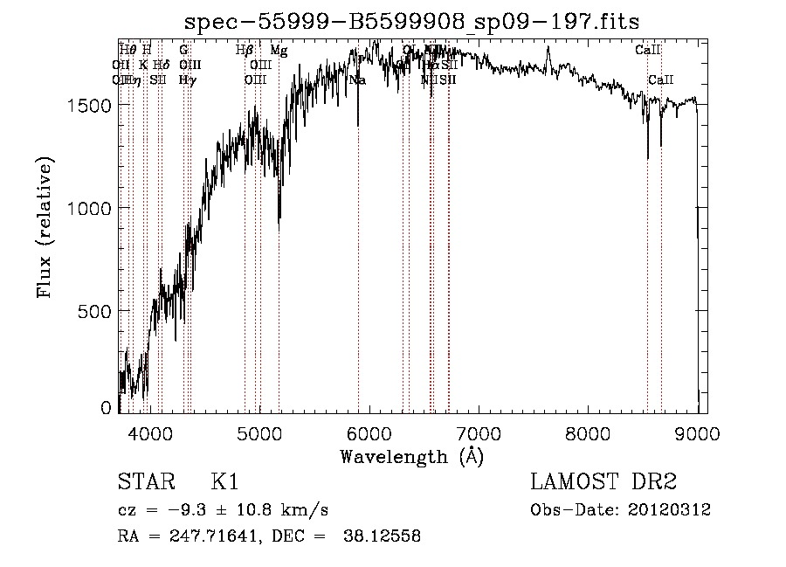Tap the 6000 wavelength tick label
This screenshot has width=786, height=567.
coord(369,432)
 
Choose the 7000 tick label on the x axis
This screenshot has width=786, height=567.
coord(479,432)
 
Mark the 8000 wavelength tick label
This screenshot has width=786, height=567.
coord(589,432)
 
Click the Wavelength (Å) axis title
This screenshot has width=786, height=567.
coord(411,456)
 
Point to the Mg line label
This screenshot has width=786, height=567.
coord(279,51)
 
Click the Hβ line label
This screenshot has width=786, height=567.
coord(245,51)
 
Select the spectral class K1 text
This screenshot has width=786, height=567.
coord(224,482)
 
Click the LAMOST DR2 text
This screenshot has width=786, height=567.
coord(603,482)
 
